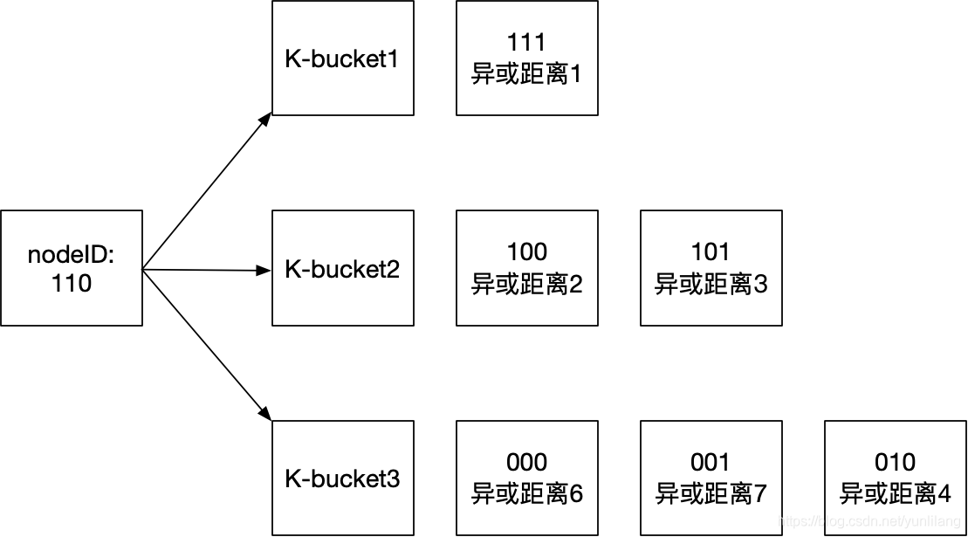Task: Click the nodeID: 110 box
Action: point(72,268)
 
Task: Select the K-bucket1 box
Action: point(343,59)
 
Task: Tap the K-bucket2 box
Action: point(343,268)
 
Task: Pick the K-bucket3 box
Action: point(343,478)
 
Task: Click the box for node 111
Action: point(527,59)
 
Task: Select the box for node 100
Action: point(527,268)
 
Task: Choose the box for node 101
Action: point(711,268)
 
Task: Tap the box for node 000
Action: point(527,478)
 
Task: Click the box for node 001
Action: point(711,478)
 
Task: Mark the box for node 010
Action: point(896,478)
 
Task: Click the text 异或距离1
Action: point(527,74)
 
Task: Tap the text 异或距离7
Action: point(711,494)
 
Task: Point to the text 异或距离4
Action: point(896,494)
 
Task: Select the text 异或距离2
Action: point(527,284)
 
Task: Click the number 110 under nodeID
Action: point(72,284)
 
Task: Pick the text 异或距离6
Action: point(527,494)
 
